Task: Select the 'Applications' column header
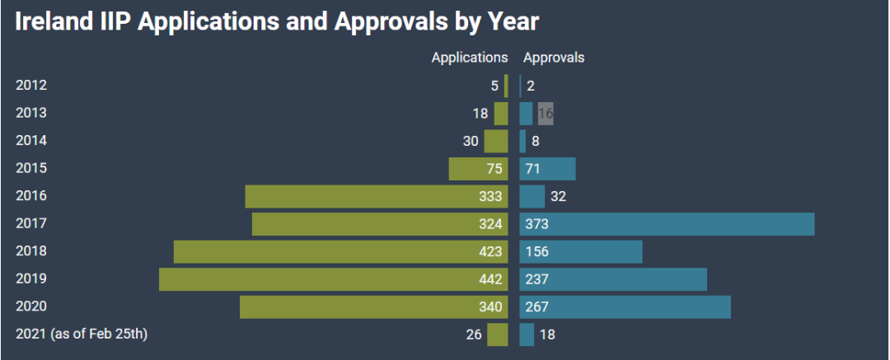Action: click(470, 58)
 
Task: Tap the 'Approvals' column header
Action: click(554, 58)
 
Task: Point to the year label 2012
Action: click(31, 86)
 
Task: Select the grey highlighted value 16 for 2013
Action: click(546, 114)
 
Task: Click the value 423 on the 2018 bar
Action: click(489, 251)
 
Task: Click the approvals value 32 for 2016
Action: click(558, 196)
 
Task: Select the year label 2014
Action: click(31, 141)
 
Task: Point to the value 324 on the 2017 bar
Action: click(489, 224)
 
